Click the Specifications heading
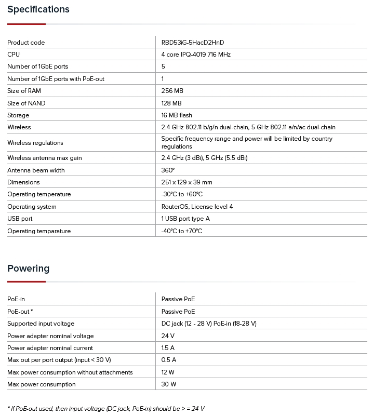(x=38, y=9)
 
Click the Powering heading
(x=29, y=269)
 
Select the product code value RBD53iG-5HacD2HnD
(x=193, y=43)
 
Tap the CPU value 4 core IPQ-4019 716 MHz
(x=196, y=55)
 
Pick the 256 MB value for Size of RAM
(x=172, y=91)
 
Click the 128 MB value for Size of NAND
(x=171, y=103)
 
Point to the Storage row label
(x=18, y=115)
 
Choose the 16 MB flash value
(x=177, y=115)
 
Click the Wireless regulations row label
(x=35, y=143)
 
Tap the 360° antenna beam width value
(x=168, y=170)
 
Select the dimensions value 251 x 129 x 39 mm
(x=186, y=182)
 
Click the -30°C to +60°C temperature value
(x=182, y=194)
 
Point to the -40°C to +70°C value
(x=182, y=231)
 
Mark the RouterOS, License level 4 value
(x=197, y=207)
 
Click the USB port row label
(x=20, y=219)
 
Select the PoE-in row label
(x=16, y=299)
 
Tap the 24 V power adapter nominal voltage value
(x=167, y=336)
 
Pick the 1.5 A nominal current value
(x=168, y=348)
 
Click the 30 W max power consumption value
(x=169, y=384)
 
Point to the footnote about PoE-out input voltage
(x=106, y=409)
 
